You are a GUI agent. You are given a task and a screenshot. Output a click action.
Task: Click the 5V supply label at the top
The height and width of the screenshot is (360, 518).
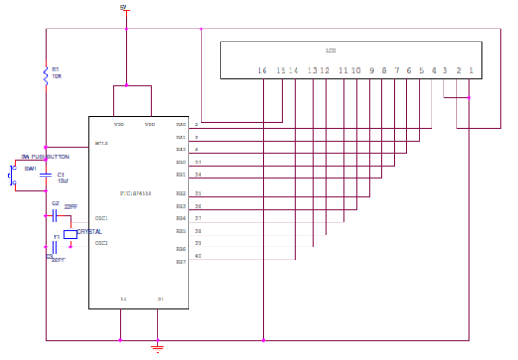(x=124, y=7)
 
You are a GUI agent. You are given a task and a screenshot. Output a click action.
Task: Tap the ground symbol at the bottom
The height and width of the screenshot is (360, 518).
(x=157, y=349)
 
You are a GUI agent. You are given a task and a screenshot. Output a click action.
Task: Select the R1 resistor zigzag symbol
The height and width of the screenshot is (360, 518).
(x=45, y=75)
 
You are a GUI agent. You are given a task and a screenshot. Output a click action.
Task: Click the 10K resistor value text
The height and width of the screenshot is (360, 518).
(x=56, y=76)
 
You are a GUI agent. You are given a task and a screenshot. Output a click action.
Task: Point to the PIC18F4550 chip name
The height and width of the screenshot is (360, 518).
(x=137, y=193)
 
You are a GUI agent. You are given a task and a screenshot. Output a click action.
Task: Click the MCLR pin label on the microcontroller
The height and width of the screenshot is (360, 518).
(x=101, y=144)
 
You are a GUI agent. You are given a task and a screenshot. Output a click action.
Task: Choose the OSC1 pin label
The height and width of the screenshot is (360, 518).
(x=101, y=218)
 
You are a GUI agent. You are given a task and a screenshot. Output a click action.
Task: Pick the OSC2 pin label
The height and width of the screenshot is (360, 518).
(x=101, y=243)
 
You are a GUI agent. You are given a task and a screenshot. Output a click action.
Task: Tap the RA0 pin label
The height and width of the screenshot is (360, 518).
(x=181, y=125)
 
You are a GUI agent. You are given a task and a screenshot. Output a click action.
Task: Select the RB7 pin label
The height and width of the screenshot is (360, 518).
(x=181, y=261)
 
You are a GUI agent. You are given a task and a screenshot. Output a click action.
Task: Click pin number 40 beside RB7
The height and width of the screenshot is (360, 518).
(x=198, y=256)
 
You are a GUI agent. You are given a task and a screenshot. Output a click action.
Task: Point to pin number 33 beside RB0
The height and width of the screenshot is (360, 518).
(x=198, y=162)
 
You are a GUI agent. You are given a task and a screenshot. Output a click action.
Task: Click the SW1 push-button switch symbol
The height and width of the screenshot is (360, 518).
(x=11, y=177)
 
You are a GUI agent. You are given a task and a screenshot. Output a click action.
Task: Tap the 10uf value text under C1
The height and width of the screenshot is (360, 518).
(x=62, y=182)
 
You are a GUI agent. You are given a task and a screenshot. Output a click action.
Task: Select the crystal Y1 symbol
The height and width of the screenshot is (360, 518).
(x=70, y=234)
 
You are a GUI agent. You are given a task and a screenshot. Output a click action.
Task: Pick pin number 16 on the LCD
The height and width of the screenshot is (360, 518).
(x=263, y=69)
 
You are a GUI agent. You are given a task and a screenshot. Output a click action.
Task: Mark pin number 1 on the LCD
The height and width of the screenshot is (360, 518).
(x=470, y=69)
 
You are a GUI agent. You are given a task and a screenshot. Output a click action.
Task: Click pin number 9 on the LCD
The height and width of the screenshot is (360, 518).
(x=372, y=69)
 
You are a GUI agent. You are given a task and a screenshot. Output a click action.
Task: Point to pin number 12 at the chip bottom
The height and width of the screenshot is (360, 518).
(x=122, y=299)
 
